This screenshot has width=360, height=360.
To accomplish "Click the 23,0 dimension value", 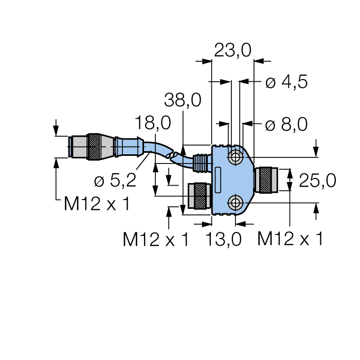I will pyautogui.click(x=232, y=50).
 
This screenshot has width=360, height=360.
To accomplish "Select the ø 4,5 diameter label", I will pyautogui.click(x=286, y=82).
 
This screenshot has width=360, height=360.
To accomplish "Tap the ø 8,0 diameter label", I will pyautogui.click(x=286, y=124).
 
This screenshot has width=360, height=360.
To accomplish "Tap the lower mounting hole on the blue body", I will pyautogui.click(x=236, y=203).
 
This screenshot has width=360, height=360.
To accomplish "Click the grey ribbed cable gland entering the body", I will pyautogui.click(x=201, y=164).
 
